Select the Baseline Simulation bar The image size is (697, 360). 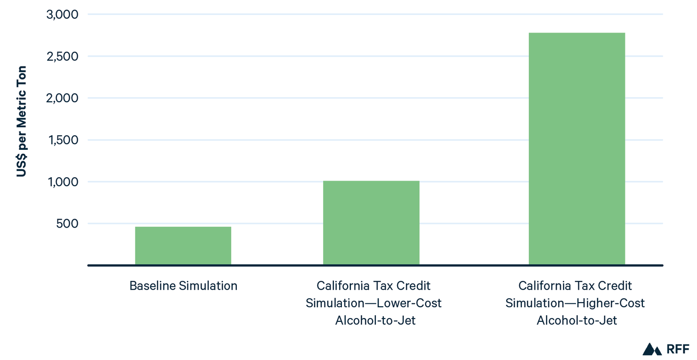(x=183, y=245)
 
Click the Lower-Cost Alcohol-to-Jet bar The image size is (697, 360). (x=371, y=222)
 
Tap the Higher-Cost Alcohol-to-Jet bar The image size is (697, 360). (x=577, y=148)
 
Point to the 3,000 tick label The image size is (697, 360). (x=62, y=15)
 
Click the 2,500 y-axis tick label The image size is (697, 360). (x=62, y=57)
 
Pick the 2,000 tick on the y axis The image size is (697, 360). (x=62, y=98)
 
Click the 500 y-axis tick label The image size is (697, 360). (x=67, y=223)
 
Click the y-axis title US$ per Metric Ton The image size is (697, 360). (x=22, y=121)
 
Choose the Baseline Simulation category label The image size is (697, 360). (x=183, y=286)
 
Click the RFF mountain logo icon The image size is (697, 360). (x=652, y=349)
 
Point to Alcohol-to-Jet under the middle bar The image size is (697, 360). (x=375, y=321)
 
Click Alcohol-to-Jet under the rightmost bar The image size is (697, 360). (x=577, y=321)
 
